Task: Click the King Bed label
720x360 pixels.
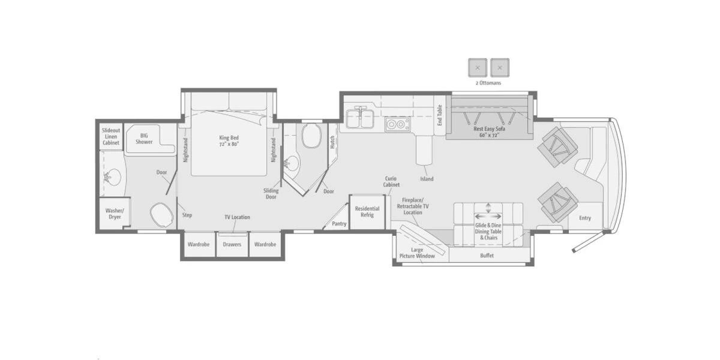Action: tap(229, 140)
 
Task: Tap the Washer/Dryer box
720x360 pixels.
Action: tap(114, 214)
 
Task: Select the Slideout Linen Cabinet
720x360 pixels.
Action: tap(110, 136)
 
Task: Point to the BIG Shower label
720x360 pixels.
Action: tap(143, 139)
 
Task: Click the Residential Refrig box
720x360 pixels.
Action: tap(367, 211)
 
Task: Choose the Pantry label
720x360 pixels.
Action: tap(339, 224)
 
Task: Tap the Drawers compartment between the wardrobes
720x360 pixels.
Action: tap(232, 244)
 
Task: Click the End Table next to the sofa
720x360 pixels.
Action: tap(439, 115)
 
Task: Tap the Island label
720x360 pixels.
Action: tap(427, 179)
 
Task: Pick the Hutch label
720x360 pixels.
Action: tap(332, 142)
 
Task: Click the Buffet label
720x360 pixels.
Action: tap(487, 256)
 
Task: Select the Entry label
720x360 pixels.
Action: tap(585, 218)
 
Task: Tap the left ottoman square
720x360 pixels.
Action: tap(478, 68)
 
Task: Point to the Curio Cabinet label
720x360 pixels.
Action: tap(391, 182)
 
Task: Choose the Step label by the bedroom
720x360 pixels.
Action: tap(187, 214)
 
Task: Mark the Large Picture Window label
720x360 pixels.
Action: tap(417, 253)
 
